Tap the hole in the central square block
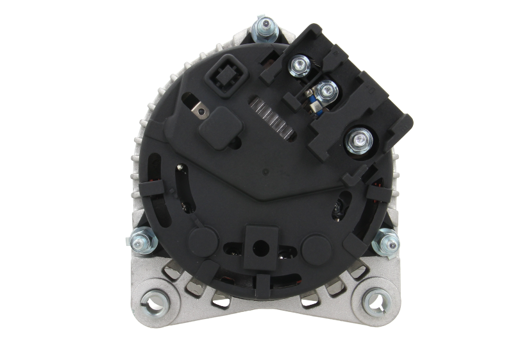coord(259,244)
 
